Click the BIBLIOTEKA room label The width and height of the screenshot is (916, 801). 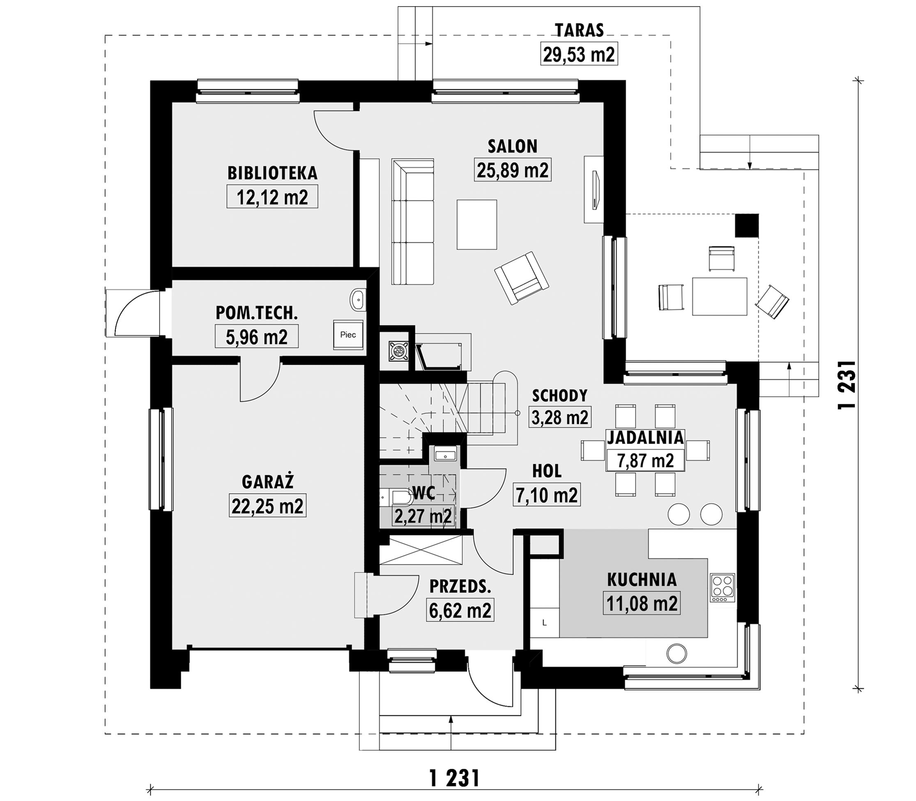(x=272, y=173)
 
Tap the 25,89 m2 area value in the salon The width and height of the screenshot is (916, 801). (x=512, y=170)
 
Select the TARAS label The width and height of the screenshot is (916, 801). (x=579, y=30)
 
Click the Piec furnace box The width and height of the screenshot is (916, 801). (x=348, y=334)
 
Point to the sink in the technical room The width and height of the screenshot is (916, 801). (x=357, y=299)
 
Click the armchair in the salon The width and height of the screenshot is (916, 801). (x=521, y=278)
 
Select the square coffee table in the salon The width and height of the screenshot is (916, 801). (x=476, y=224)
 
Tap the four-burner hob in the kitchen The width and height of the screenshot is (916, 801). (x=723, y=587)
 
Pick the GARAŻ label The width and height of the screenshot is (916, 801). (x=268, y=482)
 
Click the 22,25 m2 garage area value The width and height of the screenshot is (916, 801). (x=267, y=506)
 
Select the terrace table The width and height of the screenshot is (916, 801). (x=720, y=296)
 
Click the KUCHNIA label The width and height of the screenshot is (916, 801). (x=642, y=580)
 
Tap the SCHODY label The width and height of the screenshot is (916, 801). (x=560, y=395)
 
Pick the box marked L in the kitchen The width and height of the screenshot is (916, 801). (x=544, y=622)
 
